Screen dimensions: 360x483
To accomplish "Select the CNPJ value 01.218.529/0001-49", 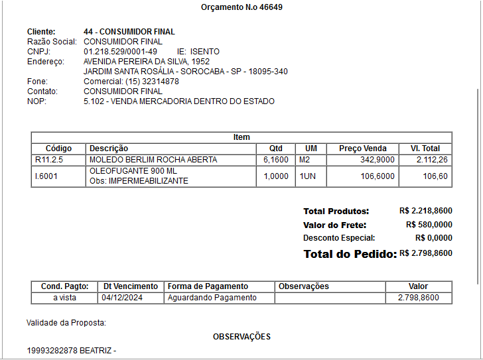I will (120, 52).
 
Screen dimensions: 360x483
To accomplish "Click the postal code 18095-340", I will (268, 72).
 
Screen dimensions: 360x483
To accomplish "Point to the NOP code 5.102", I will (94, 101).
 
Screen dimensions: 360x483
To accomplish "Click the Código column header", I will (58, 149).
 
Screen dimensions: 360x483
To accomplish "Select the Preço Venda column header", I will (362, 149).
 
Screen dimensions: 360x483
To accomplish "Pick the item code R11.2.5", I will (48, 160).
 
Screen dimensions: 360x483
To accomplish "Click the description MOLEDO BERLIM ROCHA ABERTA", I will (153, 160).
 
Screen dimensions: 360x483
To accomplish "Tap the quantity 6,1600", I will (276, 160).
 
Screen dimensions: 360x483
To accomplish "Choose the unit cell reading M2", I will (305, 160).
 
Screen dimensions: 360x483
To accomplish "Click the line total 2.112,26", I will (432, 160).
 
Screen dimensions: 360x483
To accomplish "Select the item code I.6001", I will (46, 176).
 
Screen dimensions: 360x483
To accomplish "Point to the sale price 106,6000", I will (377, 176).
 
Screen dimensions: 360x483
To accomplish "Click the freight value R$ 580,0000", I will (429, 225).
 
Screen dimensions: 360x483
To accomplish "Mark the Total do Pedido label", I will (350, 254).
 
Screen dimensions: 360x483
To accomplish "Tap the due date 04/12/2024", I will (123, 298).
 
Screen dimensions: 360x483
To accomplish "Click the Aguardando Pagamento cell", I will (212, 298).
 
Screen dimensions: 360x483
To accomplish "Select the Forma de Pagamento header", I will (208, 286).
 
